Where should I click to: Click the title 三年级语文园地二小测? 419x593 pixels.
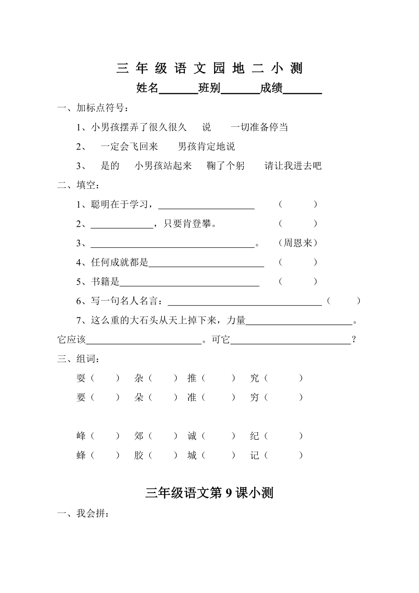(209, 68)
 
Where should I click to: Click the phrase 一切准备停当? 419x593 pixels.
(259, 127)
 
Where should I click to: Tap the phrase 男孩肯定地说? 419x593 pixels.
(206, 146)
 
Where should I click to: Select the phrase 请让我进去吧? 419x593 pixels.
(293, 166)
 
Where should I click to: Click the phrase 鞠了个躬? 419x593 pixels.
(225, 166)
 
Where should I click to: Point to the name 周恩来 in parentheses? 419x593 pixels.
(298, 243)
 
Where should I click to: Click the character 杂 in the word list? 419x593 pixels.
(139, 378)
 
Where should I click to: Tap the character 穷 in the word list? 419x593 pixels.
(255, 397)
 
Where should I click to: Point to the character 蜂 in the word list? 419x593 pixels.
(81, 455)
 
